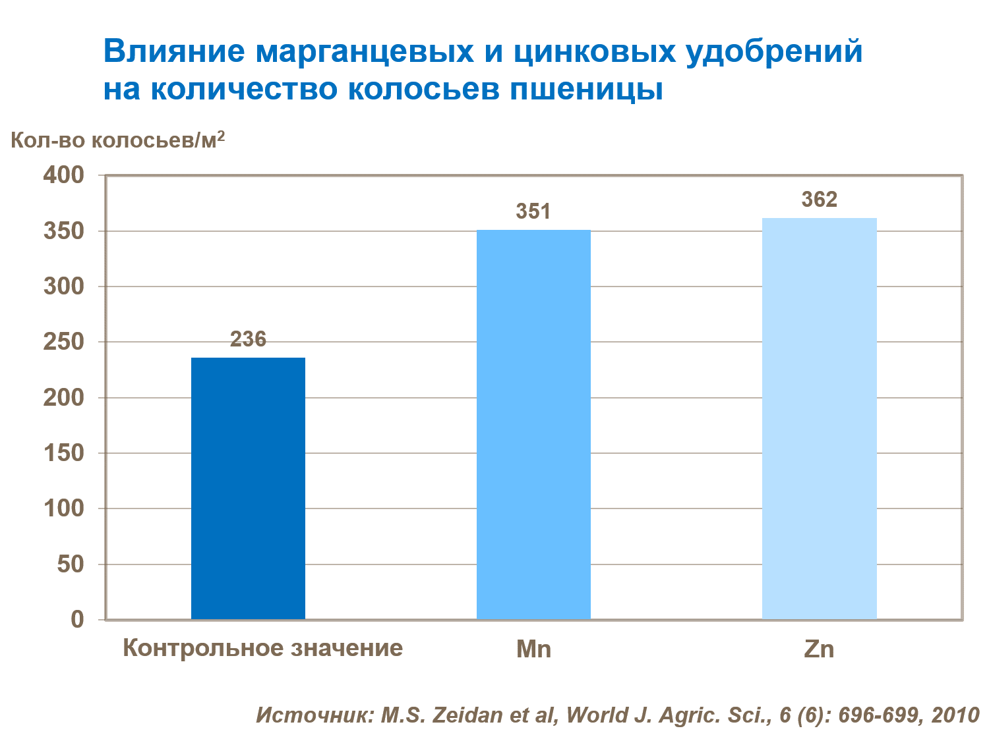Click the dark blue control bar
(x=248, y=488)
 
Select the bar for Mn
(x=533, y=424)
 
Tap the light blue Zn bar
(x=819, y=418)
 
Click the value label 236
(x=248, y=339)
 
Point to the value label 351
(x=533, y=211)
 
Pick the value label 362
(x=819, y=200)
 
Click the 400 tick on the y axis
(x=64, y=175)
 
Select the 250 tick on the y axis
(x=64, y=342)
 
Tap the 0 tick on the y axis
(x=78, y=619)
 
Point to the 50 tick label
(x=71, y=564)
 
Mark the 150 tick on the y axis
(x=64, y=453)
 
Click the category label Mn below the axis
(x=533, y=649)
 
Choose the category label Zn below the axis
(x=819, y=649)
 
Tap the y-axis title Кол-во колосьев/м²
(x=118, y=140)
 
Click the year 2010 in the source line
(x=955, y=715)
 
